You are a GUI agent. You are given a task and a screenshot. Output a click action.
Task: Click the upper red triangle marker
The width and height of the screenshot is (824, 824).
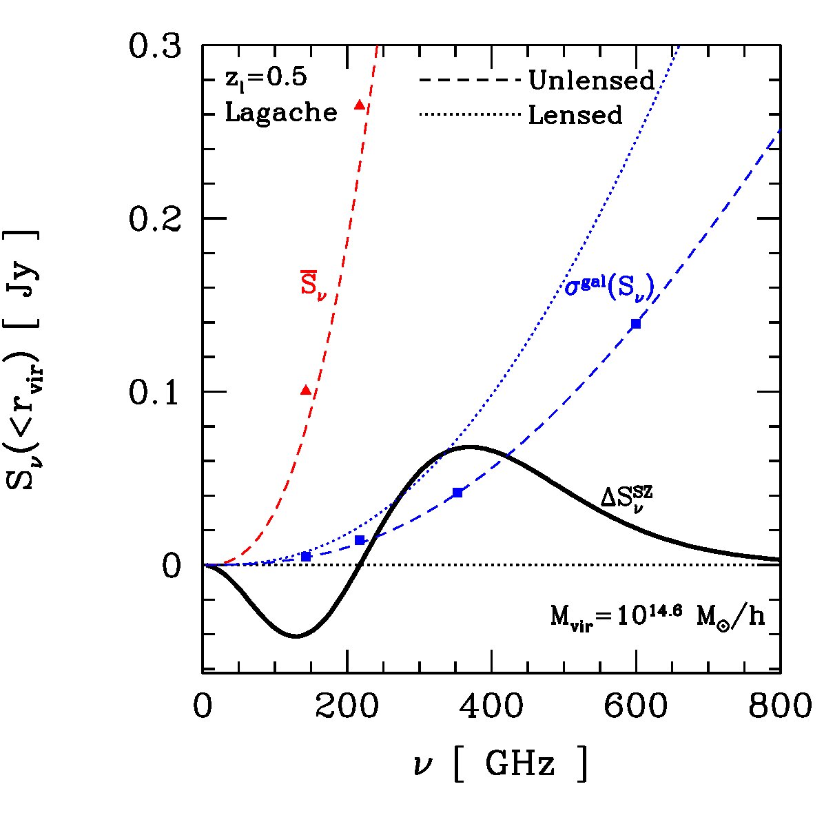point(360,105)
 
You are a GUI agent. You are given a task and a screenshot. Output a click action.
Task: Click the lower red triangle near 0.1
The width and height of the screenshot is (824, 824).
point(307,390)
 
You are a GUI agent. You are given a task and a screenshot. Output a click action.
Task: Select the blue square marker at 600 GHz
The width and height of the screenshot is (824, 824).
point(636,324)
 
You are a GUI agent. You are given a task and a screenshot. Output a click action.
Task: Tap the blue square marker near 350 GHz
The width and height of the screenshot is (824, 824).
point(457,493)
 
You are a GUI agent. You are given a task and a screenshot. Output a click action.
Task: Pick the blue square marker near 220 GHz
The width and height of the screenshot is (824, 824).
point(360,540)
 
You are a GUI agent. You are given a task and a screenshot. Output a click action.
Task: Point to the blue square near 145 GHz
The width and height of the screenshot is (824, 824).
point(307,557)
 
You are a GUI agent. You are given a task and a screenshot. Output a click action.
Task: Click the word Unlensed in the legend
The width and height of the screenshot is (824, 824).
point(592,80)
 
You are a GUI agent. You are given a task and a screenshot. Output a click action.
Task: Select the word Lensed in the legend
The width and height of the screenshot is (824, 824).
point(575,114)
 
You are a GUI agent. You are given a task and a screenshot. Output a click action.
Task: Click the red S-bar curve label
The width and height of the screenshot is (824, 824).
point(313,286)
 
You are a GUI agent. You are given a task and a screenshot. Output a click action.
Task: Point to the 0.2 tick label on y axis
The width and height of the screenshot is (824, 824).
point(155,218)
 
